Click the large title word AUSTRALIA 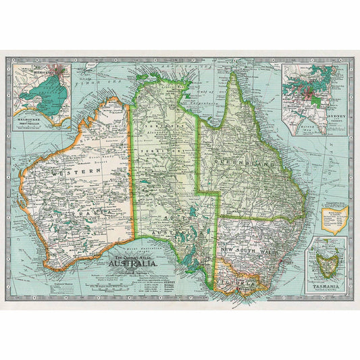135,264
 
